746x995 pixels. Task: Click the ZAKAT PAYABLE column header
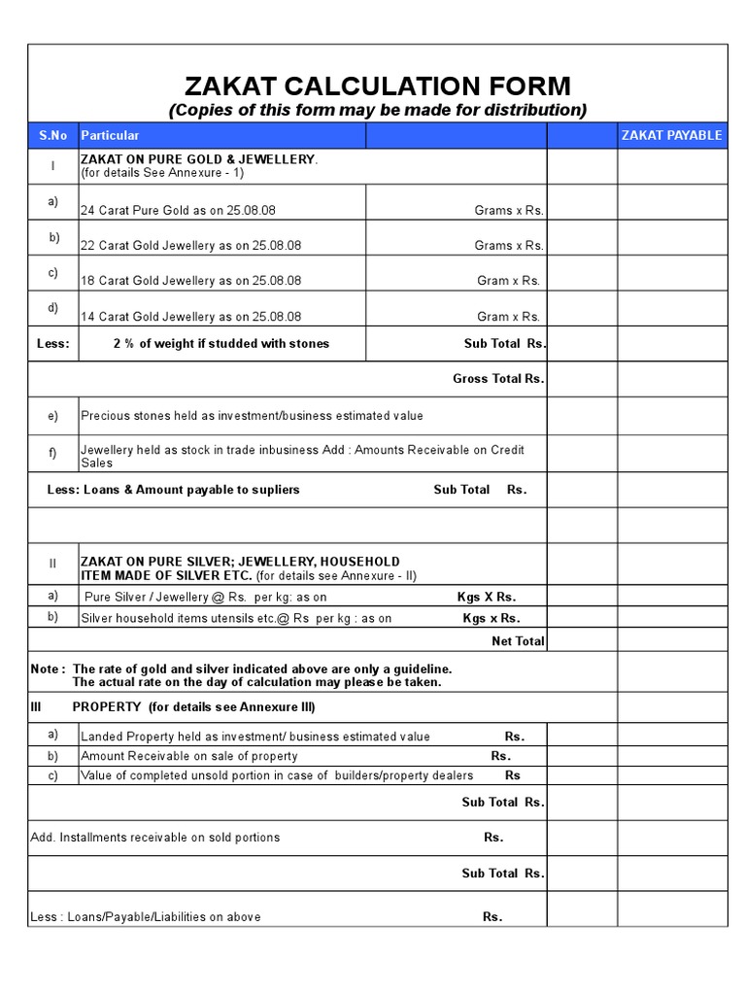671,135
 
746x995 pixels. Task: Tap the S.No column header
52,135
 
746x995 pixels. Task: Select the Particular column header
110,135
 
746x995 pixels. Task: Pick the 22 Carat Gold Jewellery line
191,245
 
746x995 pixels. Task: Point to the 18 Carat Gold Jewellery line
191,281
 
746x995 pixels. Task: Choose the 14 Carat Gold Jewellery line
191,316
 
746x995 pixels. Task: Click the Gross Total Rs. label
498,379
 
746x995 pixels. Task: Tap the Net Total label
518,641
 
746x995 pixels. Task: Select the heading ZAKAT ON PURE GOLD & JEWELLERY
199,158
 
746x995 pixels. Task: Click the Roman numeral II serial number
53,563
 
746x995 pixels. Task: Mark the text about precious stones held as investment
252,416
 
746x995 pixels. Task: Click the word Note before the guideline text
49,669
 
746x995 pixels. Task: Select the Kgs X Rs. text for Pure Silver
487,597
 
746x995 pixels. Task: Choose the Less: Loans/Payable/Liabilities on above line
146,916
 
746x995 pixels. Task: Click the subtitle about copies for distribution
378,110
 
